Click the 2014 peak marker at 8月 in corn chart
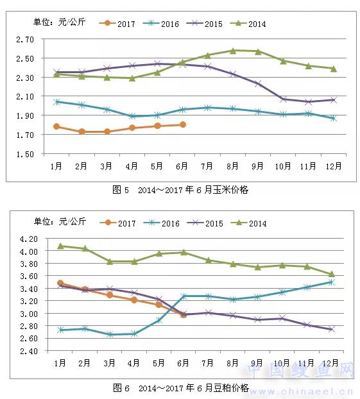click(x=233, y=51)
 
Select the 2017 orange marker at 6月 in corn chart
click(x=182, y=124)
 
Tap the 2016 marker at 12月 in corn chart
click(x=334, y=118)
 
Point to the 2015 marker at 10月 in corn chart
click(x=283, y=99)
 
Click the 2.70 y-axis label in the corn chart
click(x=25, y=39)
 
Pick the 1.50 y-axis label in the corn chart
click(x=25, y=154)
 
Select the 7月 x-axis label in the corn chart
click(x=207, y=166)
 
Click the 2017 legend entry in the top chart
click(x=117, y=24)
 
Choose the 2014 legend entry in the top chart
click(x=248, y=24)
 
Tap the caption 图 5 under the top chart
click(x=121, y=190)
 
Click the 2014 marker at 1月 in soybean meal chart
click(x=60, y=246)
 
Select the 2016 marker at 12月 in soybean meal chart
click(x=331, y=282)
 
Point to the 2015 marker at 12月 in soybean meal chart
click(x=331, y=329)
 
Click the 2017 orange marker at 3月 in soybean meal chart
click(x=110, y=295)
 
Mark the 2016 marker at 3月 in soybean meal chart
click(x=110, y=334)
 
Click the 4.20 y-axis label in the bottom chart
click(x=29, y=239)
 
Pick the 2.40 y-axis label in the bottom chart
click(x=29, y=352)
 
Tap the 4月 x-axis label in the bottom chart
click(x=133, y=363)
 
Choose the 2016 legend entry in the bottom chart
click(x=162, y=223)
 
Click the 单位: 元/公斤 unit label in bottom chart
click(x=60, y=221)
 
